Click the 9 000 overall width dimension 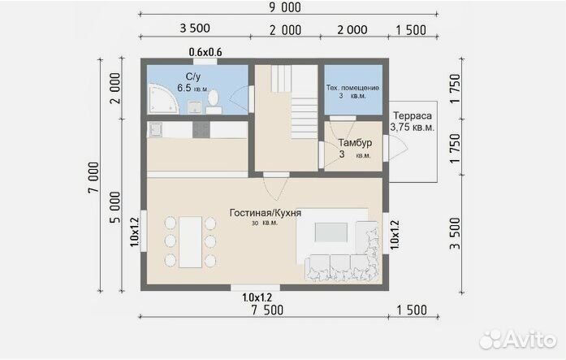tap(285, 7)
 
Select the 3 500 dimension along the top tap(195, 28)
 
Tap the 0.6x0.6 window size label tap(205, 52)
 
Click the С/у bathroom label tap(192, 76)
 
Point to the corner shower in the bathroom tap(162, 98)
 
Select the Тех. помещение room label tap(352, 88)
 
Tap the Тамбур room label tap(355, 143)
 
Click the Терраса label tap(413, 116)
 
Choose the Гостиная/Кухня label tap(266, 213)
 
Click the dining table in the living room tap(190, 241)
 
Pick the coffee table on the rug tap(331, 232)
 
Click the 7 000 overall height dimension tap(93, 177)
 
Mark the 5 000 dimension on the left tap(114, 207)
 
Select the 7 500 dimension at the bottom tap(267, 310)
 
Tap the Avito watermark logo tap(518, 340)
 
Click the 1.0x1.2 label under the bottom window tap(257, 297)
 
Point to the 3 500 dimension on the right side tap(456, 233)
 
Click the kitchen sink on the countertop tap(156, 130)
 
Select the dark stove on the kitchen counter tap(201, 130)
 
